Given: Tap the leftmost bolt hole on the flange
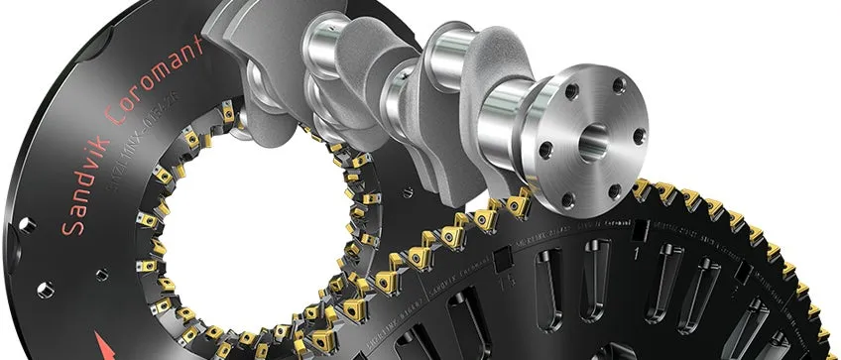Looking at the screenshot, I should pyautogui.click(x=544, y=150).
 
